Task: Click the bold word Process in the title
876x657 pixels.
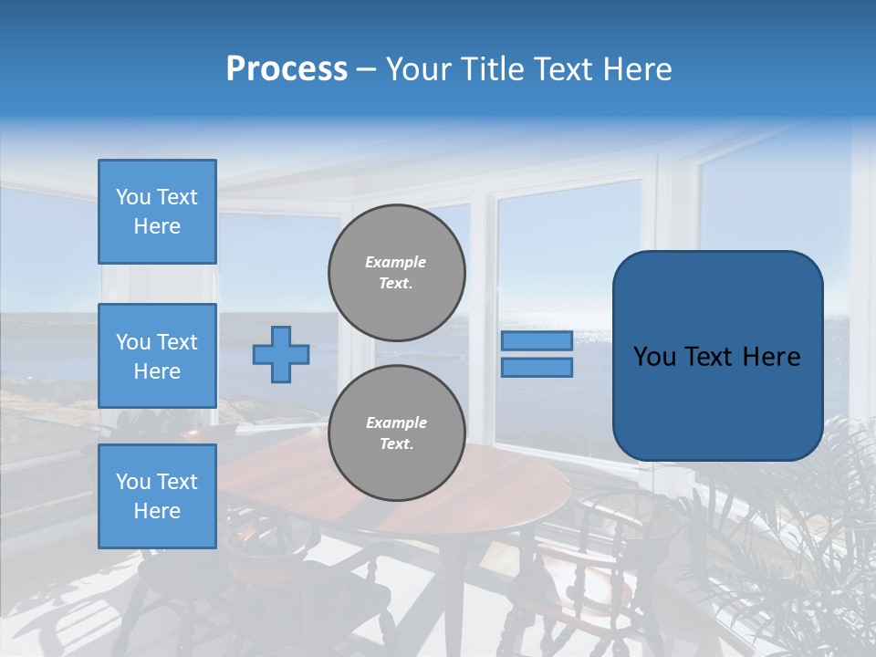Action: pyautogui.click(x=287, y=69)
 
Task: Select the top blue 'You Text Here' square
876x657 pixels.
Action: pyautogui.click(x=157, y=212)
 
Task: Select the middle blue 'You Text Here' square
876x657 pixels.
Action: pyautogui.click(x=157, y=356)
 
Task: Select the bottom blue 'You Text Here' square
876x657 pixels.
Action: pyautogui.click(x=157, y=495)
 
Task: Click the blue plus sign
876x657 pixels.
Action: pyautogui.click(x=281, y=354)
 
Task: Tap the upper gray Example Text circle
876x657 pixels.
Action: pyautogui.click(x=397, y=273)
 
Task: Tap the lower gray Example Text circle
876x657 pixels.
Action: pyautogui.click(x=397, y=433)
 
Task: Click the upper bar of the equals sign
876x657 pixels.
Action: pyautogui.click(x=537, y=341)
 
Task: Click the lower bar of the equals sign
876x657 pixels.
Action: pyautogui.click(x=537, y=368)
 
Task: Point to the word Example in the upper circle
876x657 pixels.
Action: pyautogui.click(x=396, y=262)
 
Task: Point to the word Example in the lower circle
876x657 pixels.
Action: pyautogui.click(x=396, y=422)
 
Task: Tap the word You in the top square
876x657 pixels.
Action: pyautogui.click(x=133, y=197)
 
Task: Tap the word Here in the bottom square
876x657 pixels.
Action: pyautogui.click(x=157, y=511)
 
